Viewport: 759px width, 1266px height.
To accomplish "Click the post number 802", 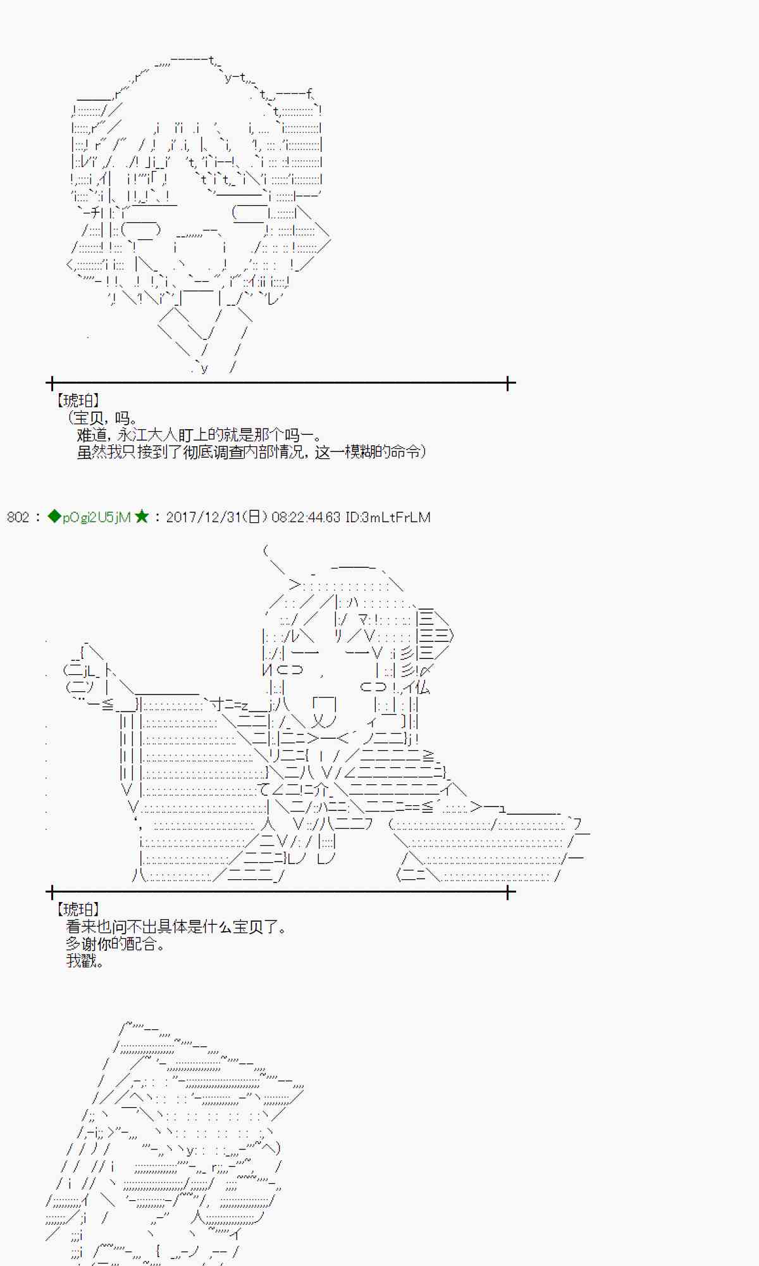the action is click(18, 517).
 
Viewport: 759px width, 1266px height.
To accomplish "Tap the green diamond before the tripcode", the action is click(54, 517).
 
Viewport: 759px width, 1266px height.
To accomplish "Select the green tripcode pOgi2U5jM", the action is click(97, 518).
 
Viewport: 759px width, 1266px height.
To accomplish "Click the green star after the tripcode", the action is click(141, 517).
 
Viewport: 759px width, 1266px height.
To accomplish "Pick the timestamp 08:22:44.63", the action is click(305, 517).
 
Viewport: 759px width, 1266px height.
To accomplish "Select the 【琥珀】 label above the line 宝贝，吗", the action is click(77, 400).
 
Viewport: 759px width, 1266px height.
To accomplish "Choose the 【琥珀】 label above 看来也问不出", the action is click(77, 909).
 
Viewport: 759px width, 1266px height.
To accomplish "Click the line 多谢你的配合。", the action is click(116, 944).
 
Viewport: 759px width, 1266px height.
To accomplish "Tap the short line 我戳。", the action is click(85, 961).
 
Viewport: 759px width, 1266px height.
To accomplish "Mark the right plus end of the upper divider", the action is click(508, 383).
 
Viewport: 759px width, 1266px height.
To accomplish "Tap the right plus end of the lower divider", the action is click(508, 892).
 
